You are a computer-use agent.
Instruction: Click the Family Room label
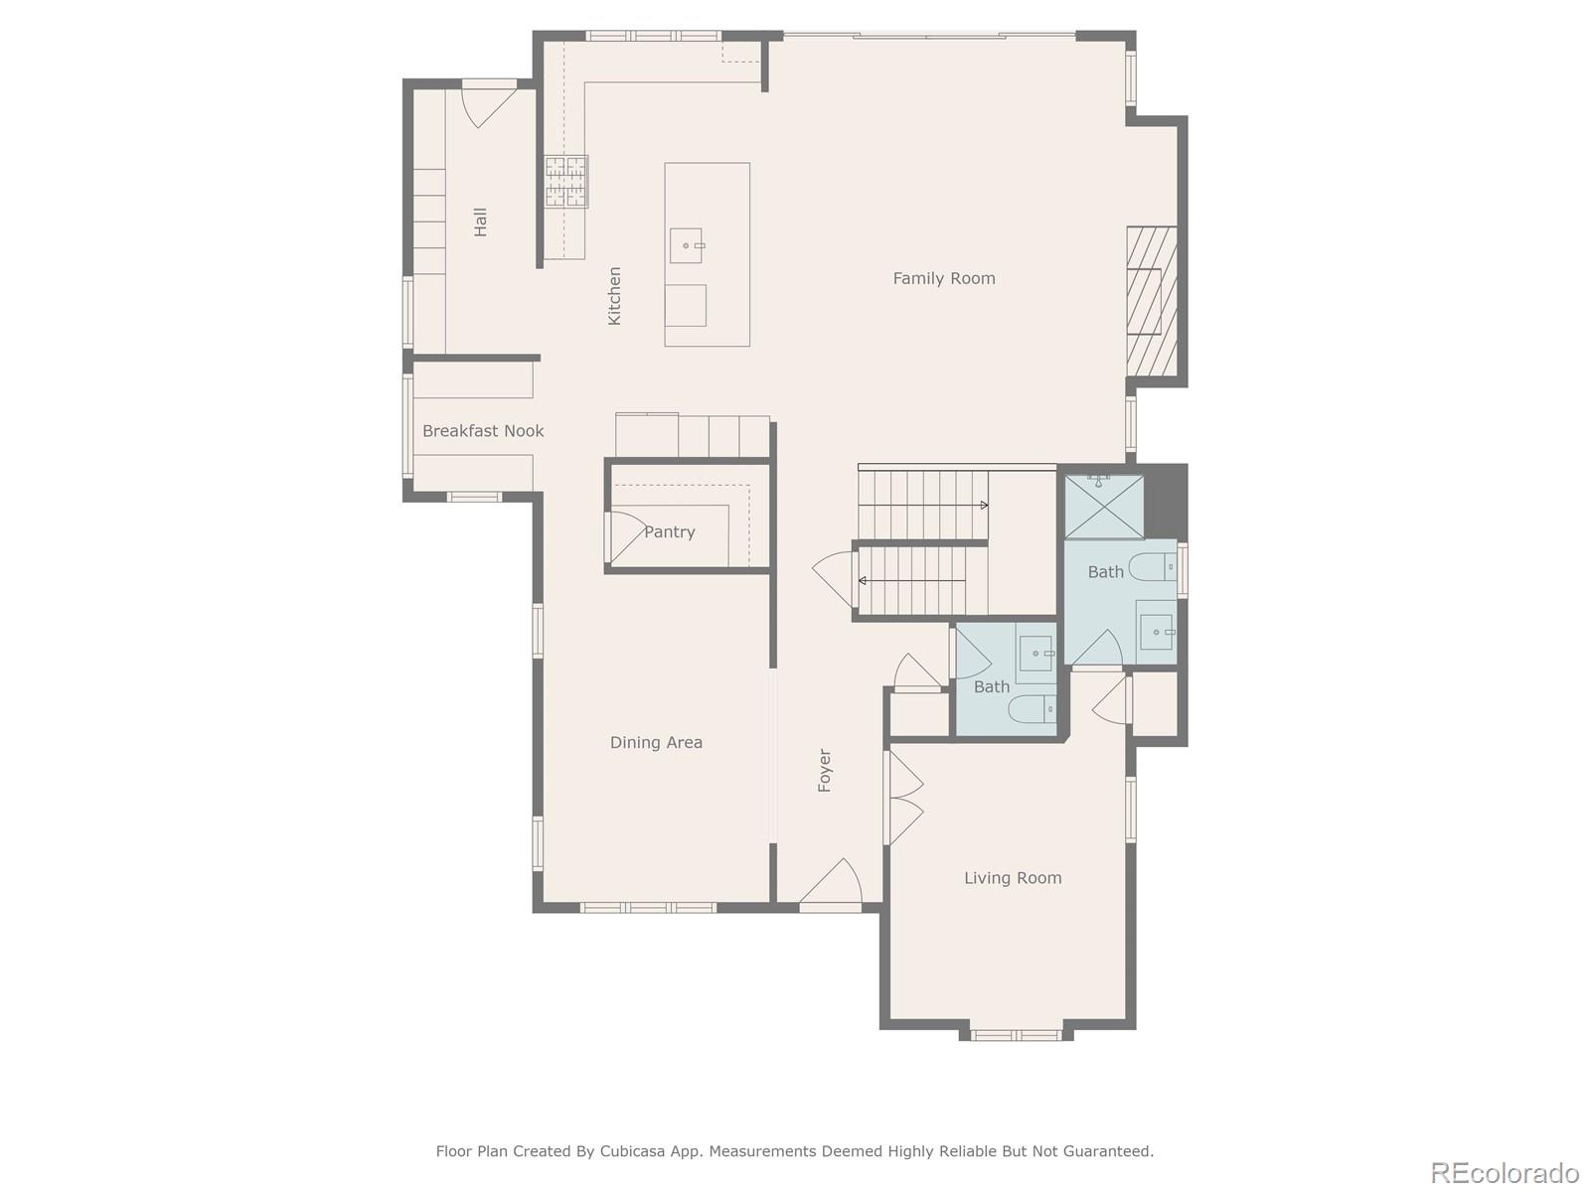(x=943, y=278)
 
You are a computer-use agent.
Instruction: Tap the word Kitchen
(x=615, y=295)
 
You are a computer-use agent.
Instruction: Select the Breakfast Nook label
(x=483, y=431)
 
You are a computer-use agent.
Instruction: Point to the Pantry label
(x=669, y=532)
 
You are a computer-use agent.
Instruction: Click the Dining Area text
(x=656, y=742)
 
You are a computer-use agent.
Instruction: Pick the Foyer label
(x=824, y=770)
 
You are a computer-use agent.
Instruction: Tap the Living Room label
(x=1013, y=878)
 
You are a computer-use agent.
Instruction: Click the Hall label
(x=481, y=222)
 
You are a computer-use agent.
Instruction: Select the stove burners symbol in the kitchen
(x=565, y=182)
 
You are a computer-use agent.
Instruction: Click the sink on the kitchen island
(x=686, y=245)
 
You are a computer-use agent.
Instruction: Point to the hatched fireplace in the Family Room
(x=1152, y=301)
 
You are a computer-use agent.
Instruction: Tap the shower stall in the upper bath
(x=1104, y=507)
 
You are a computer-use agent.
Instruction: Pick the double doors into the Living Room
(x=904, y=798)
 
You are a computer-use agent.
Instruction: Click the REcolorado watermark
(x=1504, y=1172)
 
